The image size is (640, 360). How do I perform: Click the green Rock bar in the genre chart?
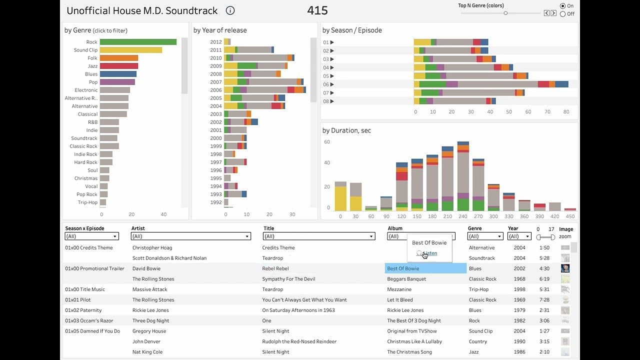138,42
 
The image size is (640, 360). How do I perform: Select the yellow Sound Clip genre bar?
130,50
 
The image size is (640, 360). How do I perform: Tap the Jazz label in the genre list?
92,66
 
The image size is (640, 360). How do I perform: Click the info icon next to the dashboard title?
230,10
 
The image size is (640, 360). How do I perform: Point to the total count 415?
317,10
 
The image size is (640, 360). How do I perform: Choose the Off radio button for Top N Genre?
563,14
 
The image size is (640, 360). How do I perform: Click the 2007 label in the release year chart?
215,82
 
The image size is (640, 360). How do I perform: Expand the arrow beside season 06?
332,84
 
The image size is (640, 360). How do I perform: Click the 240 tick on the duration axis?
463,216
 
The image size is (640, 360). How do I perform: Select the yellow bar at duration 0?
340,198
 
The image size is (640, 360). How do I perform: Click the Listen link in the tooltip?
429,253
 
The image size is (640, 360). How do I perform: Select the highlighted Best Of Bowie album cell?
425,268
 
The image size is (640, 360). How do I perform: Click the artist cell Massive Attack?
150,289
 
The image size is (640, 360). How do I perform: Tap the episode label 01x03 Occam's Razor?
89,320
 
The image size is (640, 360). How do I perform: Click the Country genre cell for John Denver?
478,341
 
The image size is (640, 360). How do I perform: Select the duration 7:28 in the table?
544,300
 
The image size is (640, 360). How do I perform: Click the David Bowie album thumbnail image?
565,268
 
